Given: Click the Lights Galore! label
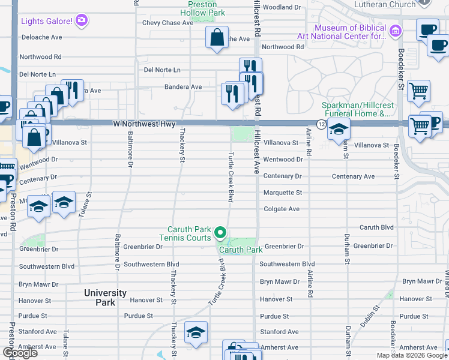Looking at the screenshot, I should click(x=47, y=22).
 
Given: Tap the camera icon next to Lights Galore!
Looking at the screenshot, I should click(x=82, y=21).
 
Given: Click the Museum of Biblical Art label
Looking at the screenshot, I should click(x=351, y=32).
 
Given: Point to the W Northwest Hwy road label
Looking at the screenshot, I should click(x=144, y=124).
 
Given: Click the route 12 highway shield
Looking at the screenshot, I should click(x=322, y=124).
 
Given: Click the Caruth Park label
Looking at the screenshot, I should click(x=241, y=250).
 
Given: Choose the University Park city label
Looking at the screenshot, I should click(x=105, y=298).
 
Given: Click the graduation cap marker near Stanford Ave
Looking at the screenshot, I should click(x=196, y=332).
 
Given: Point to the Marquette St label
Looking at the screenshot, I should click(x=283, y=193).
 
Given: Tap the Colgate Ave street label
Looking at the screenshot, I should click(x=282, y=209).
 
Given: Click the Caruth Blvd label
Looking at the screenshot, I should click(x=376, y=227).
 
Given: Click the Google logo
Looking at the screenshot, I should click(x=20, y=353).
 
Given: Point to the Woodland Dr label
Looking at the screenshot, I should click(x=282, y=7).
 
